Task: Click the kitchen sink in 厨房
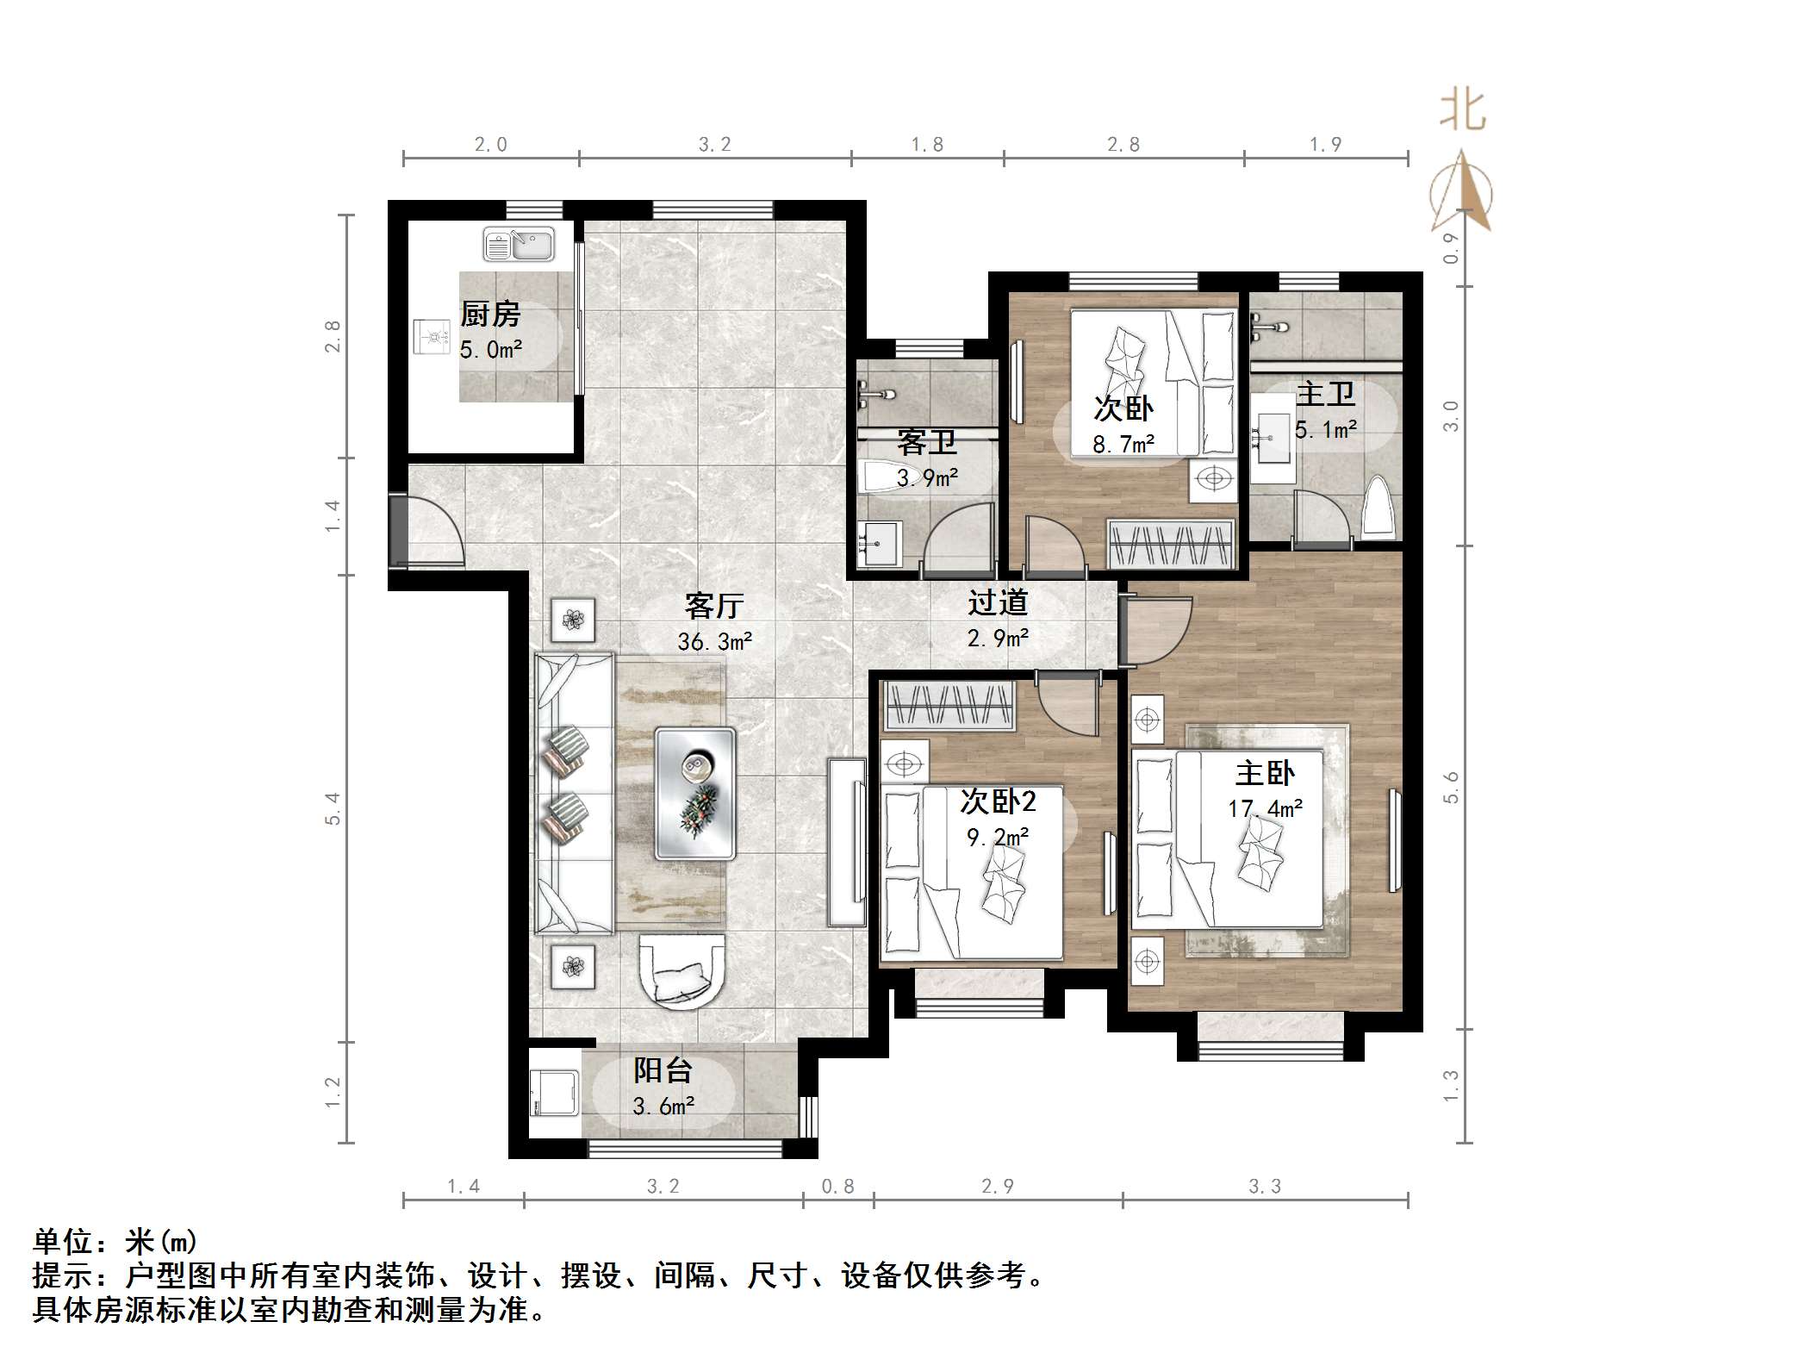pos(518,244)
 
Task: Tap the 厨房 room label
pos(490,314)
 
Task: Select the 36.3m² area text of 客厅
pos(714,641)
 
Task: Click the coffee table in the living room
pos(695,794)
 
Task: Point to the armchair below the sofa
pos(681,970)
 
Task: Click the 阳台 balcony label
pos(663,1070)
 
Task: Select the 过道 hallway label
pos(998,602)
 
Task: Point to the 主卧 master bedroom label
pos(1265,773)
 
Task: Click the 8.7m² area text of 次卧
pos(1123,445)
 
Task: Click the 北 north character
pos(1463,111)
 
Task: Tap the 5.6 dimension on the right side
pos(1452,787)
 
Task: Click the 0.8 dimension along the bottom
pos(837,1187)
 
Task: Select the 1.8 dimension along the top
pos(927,145)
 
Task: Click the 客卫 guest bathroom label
pos(927,442)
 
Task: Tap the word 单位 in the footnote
pos(63,1242)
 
